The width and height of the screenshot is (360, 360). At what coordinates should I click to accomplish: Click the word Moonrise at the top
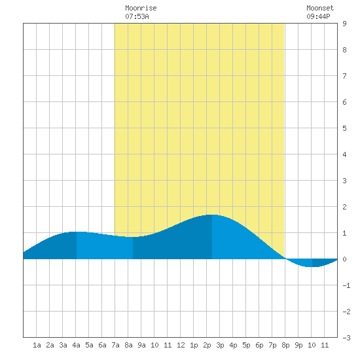point(141,8)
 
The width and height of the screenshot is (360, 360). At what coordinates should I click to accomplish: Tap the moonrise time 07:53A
point(137,16)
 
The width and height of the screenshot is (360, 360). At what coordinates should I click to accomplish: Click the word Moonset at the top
point(320,8)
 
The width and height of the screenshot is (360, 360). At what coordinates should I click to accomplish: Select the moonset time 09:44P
point(319,16)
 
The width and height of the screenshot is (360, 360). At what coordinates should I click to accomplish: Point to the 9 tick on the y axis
point(344,24)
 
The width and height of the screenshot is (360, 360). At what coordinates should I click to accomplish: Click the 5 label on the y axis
point(344,128)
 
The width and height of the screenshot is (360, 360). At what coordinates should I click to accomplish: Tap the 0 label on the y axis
point(344,259)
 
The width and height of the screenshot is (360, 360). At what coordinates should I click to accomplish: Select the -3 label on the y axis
point(346,338)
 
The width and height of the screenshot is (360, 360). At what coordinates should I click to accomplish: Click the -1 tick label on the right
point(346,285)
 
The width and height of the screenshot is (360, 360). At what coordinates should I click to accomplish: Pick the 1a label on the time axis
point(37,345)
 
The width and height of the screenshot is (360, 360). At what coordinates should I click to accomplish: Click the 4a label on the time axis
point(76,345)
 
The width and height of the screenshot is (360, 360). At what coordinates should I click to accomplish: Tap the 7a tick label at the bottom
point(115,345)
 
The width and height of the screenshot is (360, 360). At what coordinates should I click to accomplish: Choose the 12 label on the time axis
point(181,345)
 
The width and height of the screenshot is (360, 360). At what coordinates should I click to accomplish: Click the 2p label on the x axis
point(207,345)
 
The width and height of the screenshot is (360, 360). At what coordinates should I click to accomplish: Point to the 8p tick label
point(285,345)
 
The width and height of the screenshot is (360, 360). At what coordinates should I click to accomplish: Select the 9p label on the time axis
point(298,345)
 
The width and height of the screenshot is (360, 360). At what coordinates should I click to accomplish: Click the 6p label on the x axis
point(259,345)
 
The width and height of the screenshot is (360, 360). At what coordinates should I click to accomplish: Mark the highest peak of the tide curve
point(212,215)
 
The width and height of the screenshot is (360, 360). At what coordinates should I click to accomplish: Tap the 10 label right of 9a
point(154,345)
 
